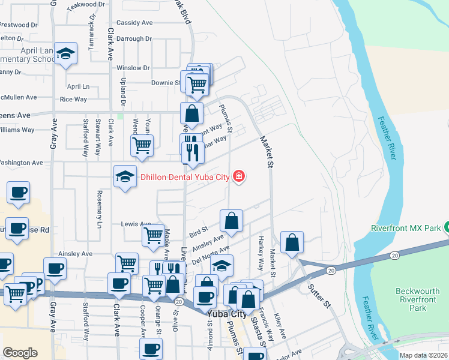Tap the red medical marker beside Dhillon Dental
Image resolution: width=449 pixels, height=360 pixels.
point(239,176)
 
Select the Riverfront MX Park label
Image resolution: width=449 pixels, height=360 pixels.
point(405,228)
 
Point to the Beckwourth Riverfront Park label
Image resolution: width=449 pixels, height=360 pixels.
point(419,299)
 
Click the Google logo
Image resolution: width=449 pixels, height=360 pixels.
point(20,353)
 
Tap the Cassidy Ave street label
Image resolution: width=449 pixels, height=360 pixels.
point(134,23)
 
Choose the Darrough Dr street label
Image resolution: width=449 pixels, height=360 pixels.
point(134,38)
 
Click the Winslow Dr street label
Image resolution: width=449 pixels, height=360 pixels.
point(133,68)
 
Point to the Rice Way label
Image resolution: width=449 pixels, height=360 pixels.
point(73,100)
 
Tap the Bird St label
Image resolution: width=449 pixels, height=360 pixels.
point(198,230)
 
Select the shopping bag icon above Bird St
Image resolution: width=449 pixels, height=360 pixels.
point(231,221)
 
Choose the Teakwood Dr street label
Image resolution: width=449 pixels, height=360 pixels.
point(82,5)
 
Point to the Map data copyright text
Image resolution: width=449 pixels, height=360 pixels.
point(423,355)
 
